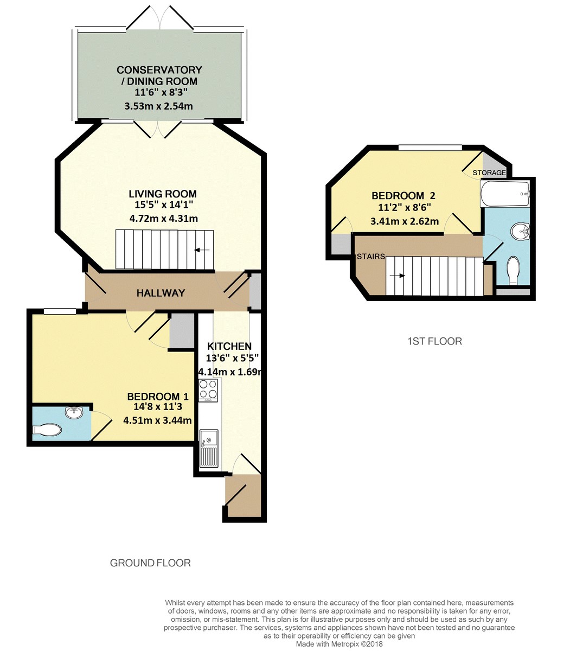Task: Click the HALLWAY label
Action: pos(161,293)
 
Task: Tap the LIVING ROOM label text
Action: pos(162,194)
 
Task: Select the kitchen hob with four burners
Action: pos(208,389)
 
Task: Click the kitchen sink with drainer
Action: pos(208,448)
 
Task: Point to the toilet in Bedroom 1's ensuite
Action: pos(48,430)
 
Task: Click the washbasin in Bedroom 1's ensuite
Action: pos(74,413)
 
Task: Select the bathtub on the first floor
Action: pos(505,194)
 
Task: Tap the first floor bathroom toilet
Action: pos(513,270)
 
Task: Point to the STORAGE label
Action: pos(489,173)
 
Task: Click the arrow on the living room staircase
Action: pos(202,250)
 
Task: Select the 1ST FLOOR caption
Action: pos(434,341)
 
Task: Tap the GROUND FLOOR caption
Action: pos(150,563)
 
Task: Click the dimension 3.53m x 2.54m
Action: pos(158,106)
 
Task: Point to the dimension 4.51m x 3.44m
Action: pos(157,420)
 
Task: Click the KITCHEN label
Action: pos(229,346)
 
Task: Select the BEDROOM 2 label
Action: pos(403,196)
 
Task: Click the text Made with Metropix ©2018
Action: pos(339,644)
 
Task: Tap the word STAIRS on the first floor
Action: pos(371,257)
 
